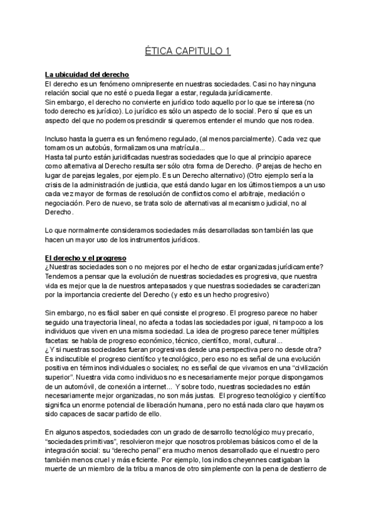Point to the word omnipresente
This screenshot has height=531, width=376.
143,83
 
